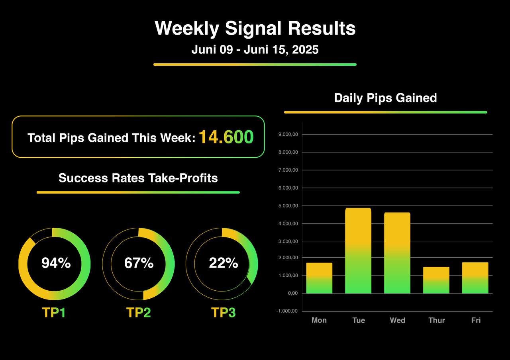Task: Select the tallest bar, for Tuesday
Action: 358,251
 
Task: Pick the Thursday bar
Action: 436,280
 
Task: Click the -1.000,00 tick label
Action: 287,311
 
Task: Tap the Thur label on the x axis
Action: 436,320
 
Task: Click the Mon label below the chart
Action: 319,320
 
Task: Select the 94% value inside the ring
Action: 56,263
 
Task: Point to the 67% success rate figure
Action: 139,263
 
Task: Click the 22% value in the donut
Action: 224,263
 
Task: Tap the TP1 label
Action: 54,313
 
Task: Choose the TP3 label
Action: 224,313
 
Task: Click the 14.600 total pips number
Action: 226,137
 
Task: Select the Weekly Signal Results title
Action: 255,28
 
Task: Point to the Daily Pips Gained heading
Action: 385,98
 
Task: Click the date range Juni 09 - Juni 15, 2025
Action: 255,50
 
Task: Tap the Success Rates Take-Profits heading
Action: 138,178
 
